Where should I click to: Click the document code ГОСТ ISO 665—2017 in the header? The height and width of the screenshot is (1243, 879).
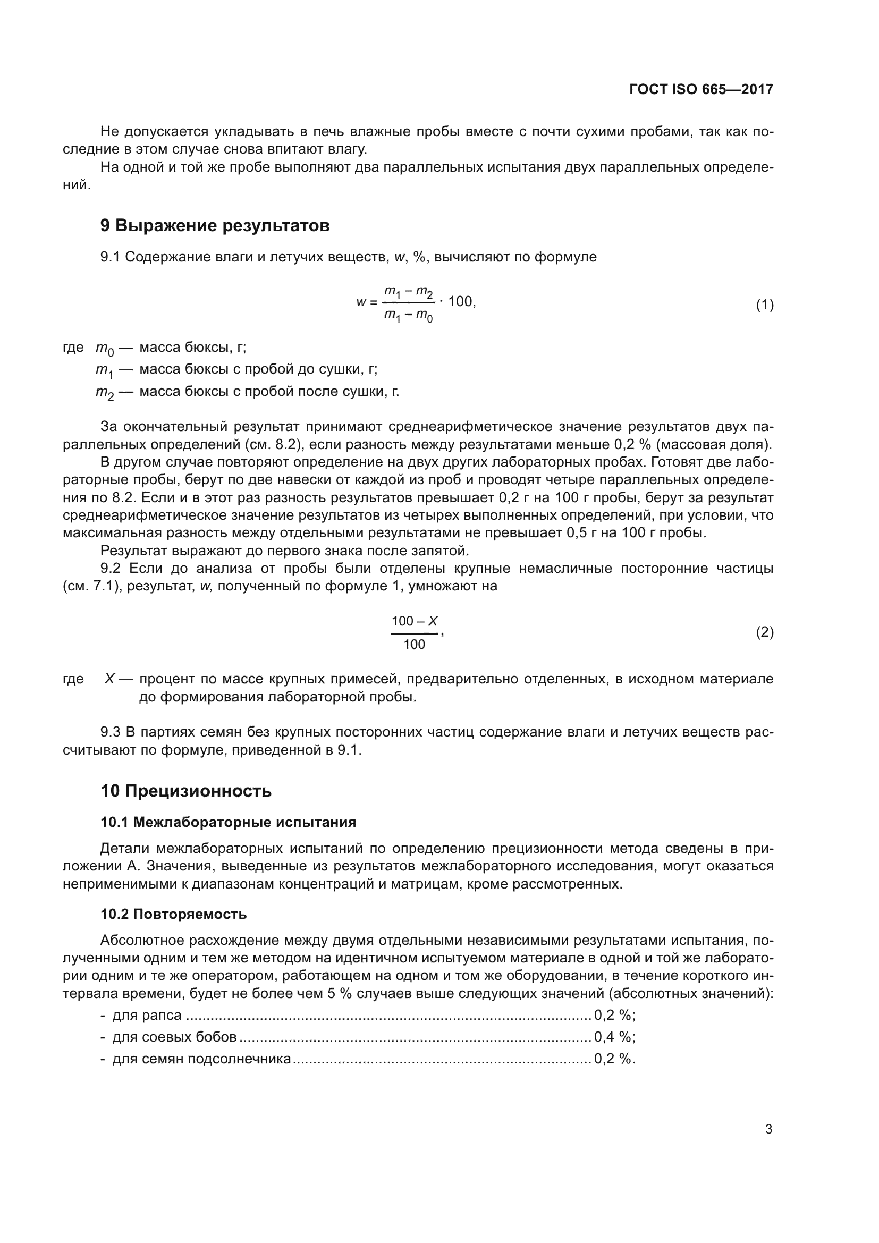point(701,89)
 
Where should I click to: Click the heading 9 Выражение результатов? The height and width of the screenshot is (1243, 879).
point(215,225)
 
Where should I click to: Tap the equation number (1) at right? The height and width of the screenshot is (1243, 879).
point(764,305)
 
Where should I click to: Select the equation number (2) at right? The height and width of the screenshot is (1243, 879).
point(764,632)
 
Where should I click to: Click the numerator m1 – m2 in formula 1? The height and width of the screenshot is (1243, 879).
point(409,292)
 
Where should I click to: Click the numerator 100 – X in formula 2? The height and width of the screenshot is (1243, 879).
point(414,621)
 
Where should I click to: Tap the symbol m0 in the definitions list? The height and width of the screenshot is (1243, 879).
point(105,348)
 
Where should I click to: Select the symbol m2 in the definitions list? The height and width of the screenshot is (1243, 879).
point(105,393)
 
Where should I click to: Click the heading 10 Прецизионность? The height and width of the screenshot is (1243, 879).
point(185,791)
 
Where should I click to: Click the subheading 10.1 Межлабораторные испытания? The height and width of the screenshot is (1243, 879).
point(228,822)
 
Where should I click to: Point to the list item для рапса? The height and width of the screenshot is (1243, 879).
point(146,1015)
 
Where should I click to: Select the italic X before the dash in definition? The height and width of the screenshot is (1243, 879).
point(109,679)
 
